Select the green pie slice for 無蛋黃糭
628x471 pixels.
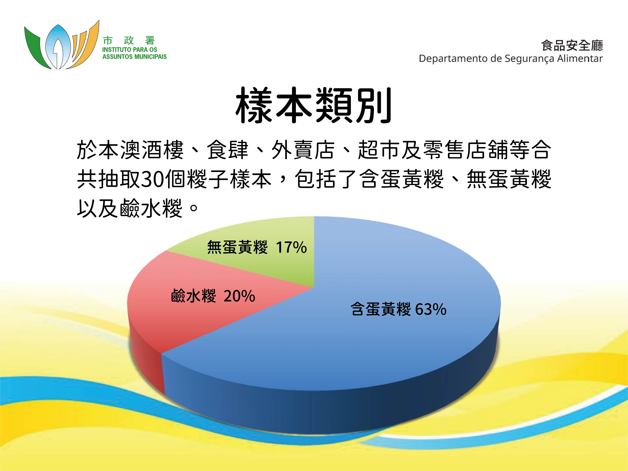256,264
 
